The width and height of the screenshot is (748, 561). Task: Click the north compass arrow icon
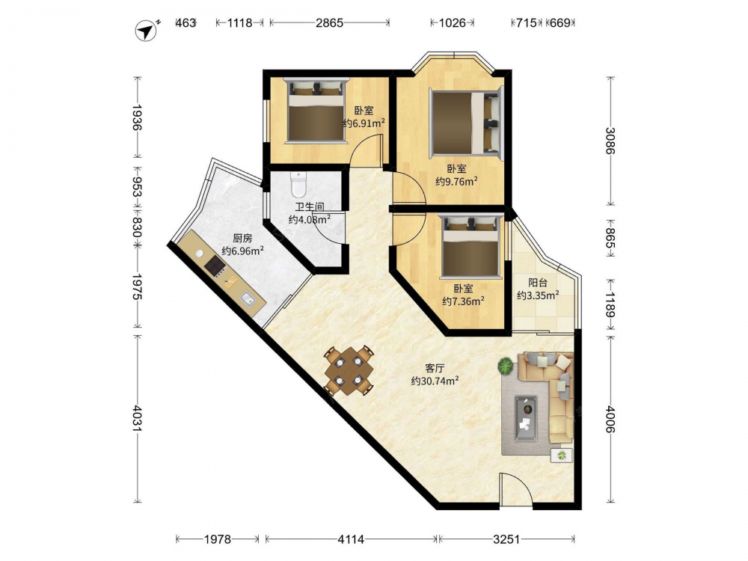pyautogui.click(x=147, y=31)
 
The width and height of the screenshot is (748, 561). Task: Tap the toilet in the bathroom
pyautogui.click(x=298, y=185)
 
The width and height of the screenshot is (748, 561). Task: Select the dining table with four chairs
pyautogui.click(x=349, y=371)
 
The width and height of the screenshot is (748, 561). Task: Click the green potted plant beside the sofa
pyautogui.click(x=505, y=367)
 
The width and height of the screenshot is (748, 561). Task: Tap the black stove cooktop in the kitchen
pyautogui.click(x=215, y=266)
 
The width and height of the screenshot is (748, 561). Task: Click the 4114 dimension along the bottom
pyautogui.click(x=351, y=539)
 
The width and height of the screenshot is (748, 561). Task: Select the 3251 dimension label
pyautogui.click(x=506, y=539)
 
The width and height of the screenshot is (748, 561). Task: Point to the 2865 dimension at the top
pyautogui.click(x=329, y=22)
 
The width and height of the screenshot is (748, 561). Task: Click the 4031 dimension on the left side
pyautogui.click(x=138, y=418)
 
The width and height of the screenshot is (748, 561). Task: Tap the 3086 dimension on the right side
pyautogui.click(x=610, y=141)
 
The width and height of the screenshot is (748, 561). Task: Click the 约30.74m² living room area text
pyautogui.click(x=435, y=381)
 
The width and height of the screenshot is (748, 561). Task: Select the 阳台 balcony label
pyautogui.click(x=538, y=283)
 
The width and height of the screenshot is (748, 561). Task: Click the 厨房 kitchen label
pyautogui.click(x=242, y=238)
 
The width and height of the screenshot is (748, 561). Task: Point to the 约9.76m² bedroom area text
pyautogui.click(x=456, y=181)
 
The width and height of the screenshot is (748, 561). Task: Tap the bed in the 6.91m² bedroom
pyautogui.click(x=316, y=110)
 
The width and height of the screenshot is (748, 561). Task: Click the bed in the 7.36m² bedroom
pyautogui.click(x=471, y=246)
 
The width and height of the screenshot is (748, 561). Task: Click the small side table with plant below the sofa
pyautogui.click(x=562, y=455)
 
